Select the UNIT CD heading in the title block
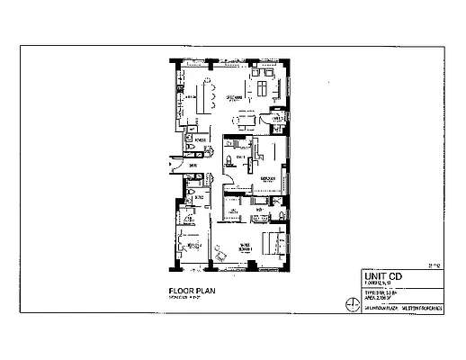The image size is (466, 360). [x=377, y=276]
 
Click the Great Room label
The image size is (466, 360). [x=236, y=95]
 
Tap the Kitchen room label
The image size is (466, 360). [x=192, y=94]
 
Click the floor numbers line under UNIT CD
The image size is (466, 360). [x=375, y=284]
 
